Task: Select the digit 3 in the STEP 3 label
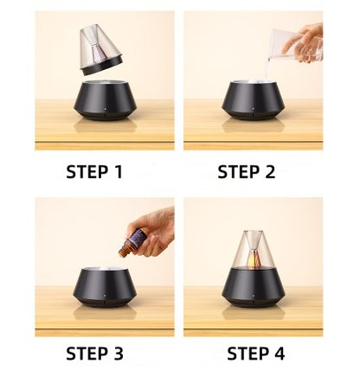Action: pyautogui.click(x=118, y=354)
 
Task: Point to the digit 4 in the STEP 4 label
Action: pyautogui.click(x=279, y=354)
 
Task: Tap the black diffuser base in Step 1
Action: pyautogui.click(x=105, y=100)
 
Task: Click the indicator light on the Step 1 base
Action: pyautogui.click(x=105, y=110)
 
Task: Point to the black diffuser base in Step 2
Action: pyautogui.click(x=254, y=100)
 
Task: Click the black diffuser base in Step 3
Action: pyautogui.click(x=105, y=287)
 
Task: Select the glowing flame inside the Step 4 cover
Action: pyautogui.click(x=254, y=258)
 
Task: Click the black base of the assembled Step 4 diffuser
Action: pyautogui.click(x=254, y=287)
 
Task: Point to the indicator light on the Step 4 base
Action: pyautogui.click(x=254, y=296)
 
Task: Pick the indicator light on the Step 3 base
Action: pyautogui.click(x=105, y=296)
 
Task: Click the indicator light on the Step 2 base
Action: pyautogui.click(x=254, y=110)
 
